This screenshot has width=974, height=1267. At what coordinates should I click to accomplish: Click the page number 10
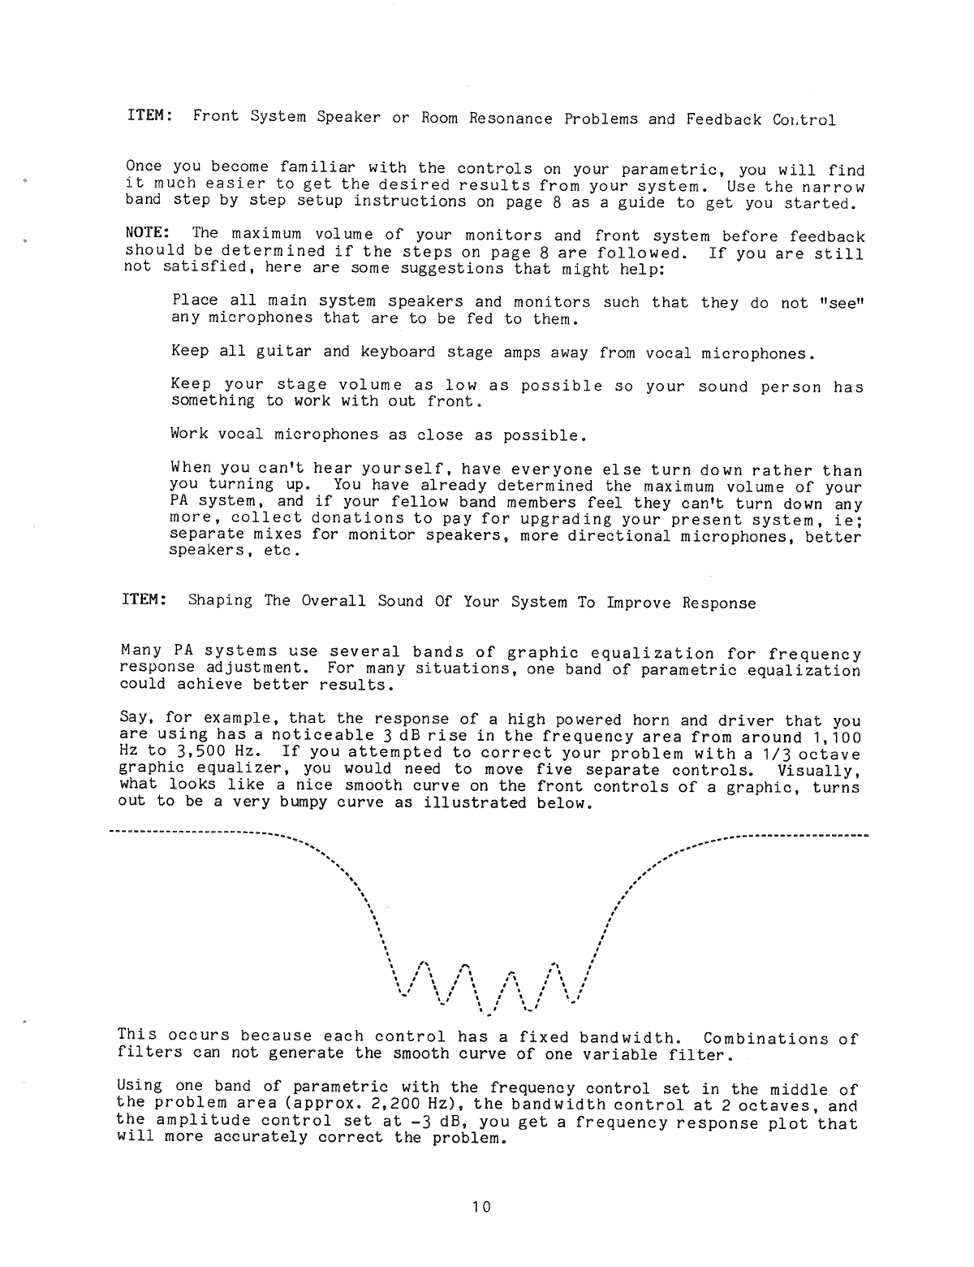pyautogui.click(x=481, y=1207)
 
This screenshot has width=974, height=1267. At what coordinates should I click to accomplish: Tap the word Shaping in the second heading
pyautogui.click(x=221, y=602)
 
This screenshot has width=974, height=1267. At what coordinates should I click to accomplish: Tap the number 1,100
pyautogui.click(x=838, y=737)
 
